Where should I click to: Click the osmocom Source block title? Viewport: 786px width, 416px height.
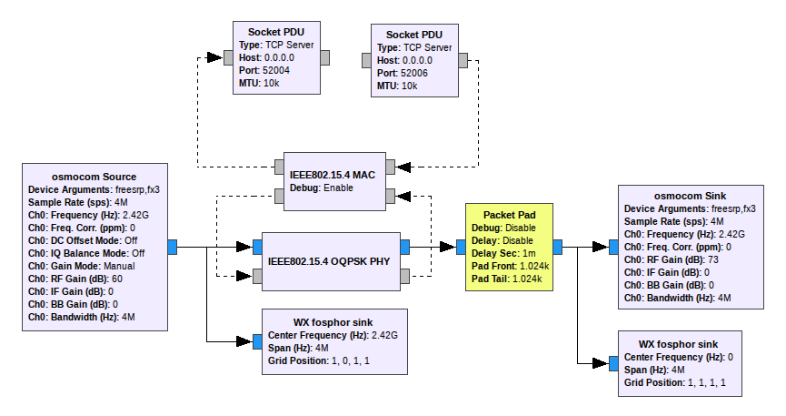[95, 177]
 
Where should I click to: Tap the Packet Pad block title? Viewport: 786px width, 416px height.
[510, 215]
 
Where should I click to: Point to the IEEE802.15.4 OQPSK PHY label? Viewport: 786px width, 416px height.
[329, 260]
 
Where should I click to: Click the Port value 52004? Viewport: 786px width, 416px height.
[275, 69]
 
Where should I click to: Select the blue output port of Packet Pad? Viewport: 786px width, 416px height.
[557, 246]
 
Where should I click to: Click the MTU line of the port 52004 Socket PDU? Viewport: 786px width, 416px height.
[258, 82]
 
